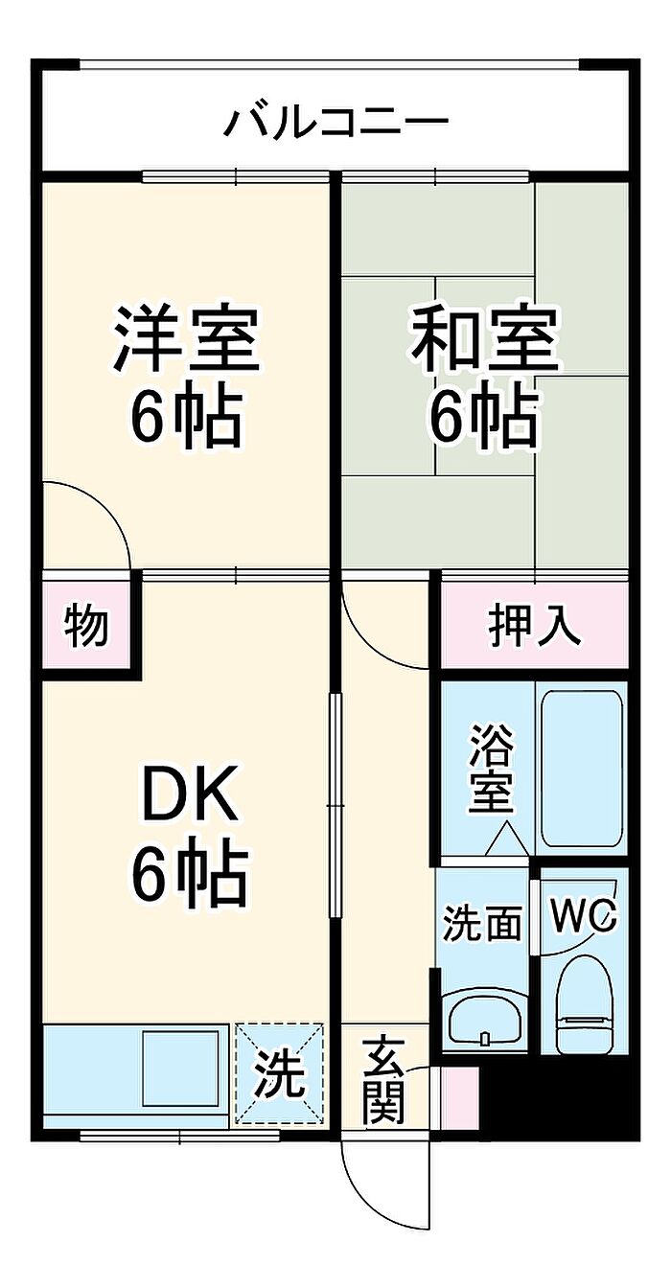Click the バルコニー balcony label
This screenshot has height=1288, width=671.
point(335,122)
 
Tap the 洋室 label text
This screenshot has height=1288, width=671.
point(187,339)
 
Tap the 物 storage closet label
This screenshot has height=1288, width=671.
point(86,626)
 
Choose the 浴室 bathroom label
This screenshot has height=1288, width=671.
point(491,770)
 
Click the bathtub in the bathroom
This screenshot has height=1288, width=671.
point(582,769)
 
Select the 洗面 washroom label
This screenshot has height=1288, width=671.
point(483,924)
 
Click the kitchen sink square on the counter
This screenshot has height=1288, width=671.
point(180,1068)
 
